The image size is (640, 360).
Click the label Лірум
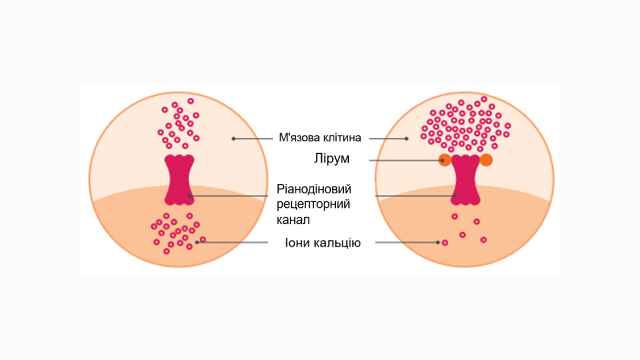point(331,159)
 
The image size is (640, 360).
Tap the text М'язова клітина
point(319,137)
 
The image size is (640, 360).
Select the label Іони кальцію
point(322,243)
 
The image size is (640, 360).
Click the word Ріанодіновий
point(314,189)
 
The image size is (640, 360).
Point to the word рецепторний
point(313,204)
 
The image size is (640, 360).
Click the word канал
point(293,220)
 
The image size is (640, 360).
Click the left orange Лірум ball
point(445,160)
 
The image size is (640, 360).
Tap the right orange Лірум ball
point(486,160)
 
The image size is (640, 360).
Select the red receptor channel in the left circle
point(179,180)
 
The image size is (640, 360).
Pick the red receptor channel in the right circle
point(465,180)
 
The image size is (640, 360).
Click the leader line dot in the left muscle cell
point(233,139)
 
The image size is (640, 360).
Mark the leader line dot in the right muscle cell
point(407,139)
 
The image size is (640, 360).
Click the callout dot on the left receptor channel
point(189,196)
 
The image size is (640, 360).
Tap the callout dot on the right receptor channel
point(455,196)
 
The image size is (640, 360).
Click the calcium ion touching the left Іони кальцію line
point(203,240)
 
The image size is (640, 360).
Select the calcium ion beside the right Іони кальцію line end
point(445,243)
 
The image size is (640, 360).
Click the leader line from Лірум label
point(406,161)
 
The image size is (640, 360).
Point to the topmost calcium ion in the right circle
point(484,99)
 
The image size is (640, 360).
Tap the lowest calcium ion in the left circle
point(167,251)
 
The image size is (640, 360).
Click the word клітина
point(342,137)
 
